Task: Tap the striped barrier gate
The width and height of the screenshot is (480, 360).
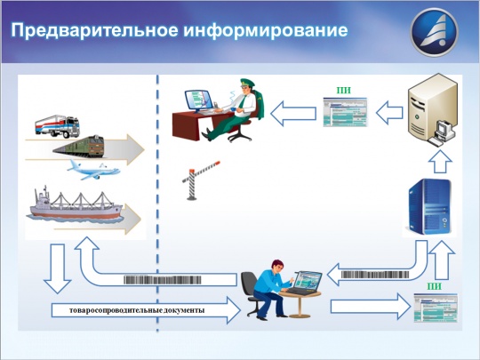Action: (x=199, y=179)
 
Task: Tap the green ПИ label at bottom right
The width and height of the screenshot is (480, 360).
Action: (x=435, y=286)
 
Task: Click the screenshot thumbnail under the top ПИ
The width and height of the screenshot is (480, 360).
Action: (x=342, y=113)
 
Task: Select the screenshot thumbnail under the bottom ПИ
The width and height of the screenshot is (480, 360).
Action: (x=435, y=308)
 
